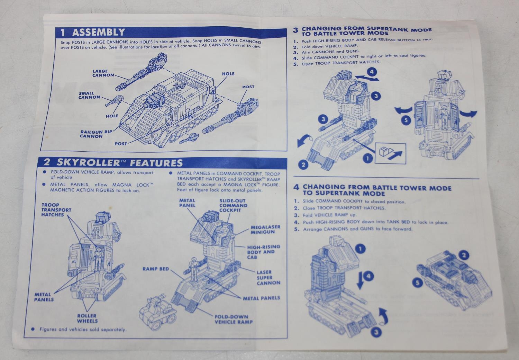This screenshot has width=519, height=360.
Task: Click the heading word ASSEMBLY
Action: point(99,33)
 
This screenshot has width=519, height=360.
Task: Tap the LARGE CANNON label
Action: point(103,73)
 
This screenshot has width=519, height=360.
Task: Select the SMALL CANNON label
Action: point(89,95)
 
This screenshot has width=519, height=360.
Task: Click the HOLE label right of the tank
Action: point(228,74)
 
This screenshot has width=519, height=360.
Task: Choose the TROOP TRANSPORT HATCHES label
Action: point(56,210)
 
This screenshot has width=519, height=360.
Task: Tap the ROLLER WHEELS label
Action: point(87,318)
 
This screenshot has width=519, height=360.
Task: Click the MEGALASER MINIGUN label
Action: point(265,229)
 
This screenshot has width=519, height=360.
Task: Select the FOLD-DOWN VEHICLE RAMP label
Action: point(234,319)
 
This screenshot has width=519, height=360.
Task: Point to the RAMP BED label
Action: point(155,269)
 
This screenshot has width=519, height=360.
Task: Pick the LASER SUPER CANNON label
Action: point(268,278)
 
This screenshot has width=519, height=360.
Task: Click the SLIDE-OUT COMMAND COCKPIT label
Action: point(233,206)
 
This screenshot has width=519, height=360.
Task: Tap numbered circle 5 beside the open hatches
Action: point(407,121)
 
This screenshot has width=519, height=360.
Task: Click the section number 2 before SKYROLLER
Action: point(46,162)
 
